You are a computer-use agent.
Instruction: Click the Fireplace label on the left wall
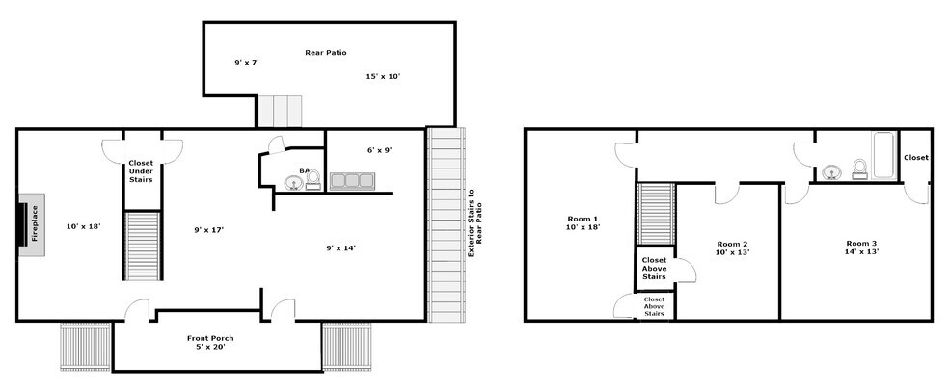click(32, 228)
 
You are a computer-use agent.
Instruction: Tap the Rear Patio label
click(325, 53)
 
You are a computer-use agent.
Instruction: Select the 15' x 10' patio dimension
click(382, 76)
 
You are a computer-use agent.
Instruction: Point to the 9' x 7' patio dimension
click(246, 63)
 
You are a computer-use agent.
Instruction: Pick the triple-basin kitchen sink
click(351, 180)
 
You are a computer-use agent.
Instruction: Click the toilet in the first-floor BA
click(312, 182)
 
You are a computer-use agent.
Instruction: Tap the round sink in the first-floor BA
click(292, 182)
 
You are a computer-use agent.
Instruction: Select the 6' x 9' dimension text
click(378, 150)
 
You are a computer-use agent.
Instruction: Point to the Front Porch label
click(210, 343)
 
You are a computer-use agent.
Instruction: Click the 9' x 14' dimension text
click(340, 248)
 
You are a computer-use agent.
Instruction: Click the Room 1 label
click(583, 223)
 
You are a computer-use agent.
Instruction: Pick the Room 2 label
click(732, 247)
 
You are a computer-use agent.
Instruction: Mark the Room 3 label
click(863, 247)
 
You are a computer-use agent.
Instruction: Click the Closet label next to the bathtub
click(916, 157)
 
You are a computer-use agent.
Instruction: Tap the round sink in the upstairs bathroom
click(830, 173)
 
